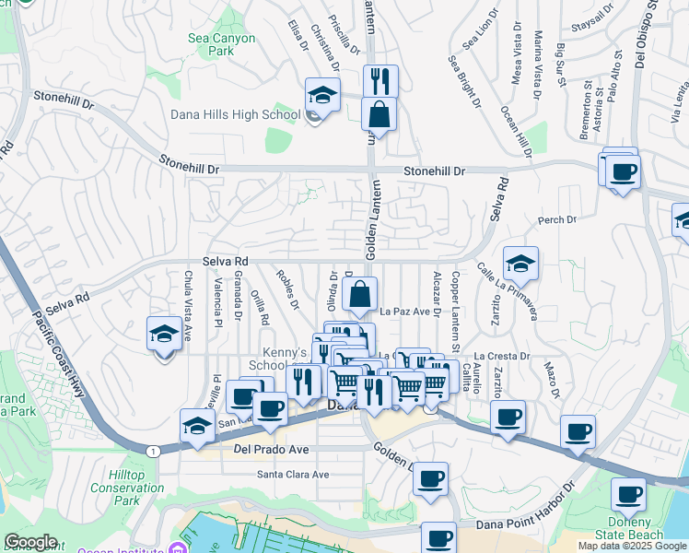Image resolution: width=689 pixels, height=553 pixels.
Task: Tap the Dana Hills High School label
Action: (236, 115)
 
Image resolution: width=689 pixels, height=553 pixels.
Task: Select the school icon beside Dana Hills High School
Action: (323, 95)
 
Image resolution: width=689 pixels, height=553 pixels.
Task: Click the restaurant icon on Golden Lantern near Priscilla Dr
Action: (380, 81)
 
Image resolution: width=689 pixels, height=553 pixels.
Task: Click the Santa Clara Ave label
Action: (293, 475)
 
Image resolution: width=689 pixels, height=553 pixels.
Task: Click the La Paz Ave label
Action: (405, 312)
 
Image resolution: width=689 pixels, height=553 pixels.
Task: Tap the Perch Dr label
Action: (557, 220)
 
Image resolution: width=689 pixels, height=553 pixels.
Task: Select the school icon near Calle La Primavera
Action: (520, 264)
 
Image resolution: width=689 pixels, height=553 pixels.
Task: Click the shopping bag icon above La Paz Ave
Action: (360, 295)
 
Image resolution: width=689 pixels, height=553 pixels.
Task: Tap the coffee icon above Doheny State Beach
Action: (629, 495)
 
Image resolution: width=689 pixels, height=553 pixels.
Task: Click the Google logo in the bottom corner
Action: (30, 542)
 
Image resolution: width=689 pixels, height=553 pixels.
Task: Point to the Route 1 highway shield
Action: (153, 449)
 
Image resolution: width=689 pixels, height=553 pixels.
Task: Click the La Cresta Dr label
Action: (502, 356)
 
